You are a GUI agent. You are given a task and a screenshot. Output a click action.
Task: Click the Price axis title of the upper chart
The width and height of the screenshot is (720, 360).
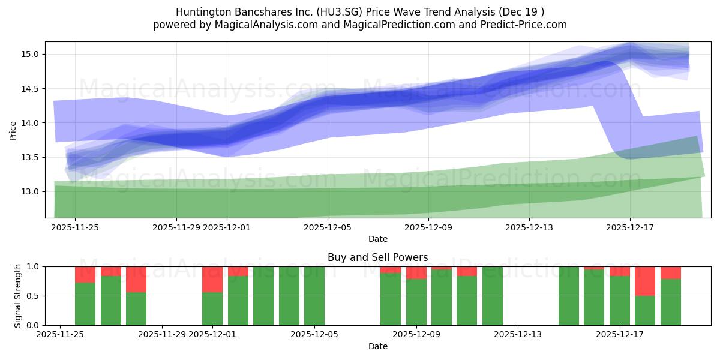[x=13, y=130]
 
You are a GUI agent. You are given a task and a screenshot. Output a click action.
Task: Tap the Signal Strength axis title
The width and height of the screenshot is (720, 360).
[x=18, y=296]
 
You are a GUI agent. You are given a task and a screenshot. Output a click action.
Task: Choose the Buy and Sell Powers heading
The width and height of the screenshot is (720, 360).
[x=377, y=257]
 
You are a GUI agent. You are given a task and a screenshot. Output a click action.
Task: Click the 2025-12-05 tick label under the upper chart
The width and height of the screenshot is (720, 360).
[x=328, y=227]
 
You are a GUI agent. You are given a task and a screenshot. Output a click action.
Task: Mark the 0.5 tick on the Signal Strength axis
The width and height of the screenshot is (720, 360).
[x=34, y=296]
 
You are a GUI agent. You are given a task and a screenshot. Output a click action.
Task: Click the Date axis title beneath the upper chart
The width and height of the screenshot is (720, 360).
[x=377, y=239]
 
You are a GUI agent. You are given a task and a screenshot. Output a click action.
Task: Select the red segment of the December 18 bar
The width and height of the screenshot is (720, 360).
[x=645, y=281]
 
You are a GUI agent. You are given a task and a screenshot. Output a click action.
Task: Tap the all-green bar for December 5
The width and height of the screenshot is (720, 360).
[x=314, y=296]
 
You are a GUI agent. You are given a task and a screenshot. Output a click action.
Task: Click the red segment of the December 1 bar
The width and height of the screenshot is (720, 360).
[x=212, y=279]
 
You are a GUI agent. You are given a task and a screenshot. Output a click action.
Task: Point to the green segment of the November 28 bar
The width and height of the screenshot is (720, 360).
[x=136, y=308]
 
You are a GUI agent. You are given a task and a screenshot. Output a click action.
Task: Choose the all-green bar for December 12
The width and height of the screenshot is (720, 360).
[x=493, y=296]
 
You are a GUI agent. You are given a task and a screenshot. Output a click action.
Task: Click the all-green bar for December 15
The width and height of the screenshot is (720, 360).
[x=569, y=296]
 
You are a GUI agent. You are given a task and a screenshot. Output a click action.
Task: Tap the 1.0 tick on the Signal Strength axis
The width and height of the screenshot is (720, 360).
[x=34, y=266]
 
